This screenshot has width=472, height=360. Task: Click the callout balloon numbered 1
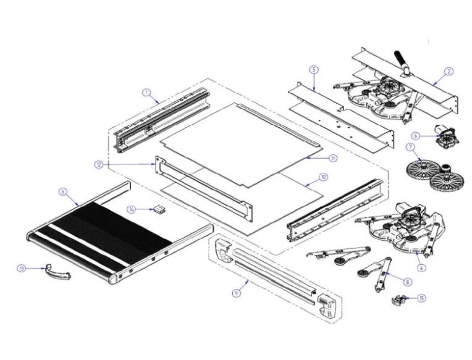pos(147,93)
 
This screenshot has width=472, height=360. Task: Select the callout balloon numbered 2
pos(449,71)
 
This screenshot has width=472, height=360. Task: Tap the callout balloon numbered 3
pos(62,192)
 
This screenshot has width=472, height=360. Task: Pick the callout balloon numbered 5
pos(314,70)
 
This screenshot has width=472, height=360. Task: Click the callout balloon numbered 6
pos(416,135)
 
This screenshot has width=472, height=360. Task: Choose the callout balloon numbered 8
pos(407,282)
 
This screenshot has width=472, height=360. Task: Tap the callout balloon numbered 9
pos(236,293)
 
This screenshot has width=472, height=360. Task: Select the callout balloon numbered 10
pos(323,177)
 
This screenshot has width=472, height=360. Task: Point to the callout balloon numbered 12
pos(99,164)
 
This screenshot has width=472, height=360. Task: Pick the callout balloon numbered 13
pos(22,269)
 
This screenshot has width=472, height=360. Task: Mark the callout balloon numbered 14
pos(132,209)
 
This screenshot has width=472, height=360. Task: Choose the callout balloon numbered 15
pos(421,298)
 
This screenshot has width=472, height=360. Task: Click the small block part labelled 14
pos(159,209)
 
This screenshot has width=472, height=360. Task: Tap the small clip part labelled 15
pos(398,299)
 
